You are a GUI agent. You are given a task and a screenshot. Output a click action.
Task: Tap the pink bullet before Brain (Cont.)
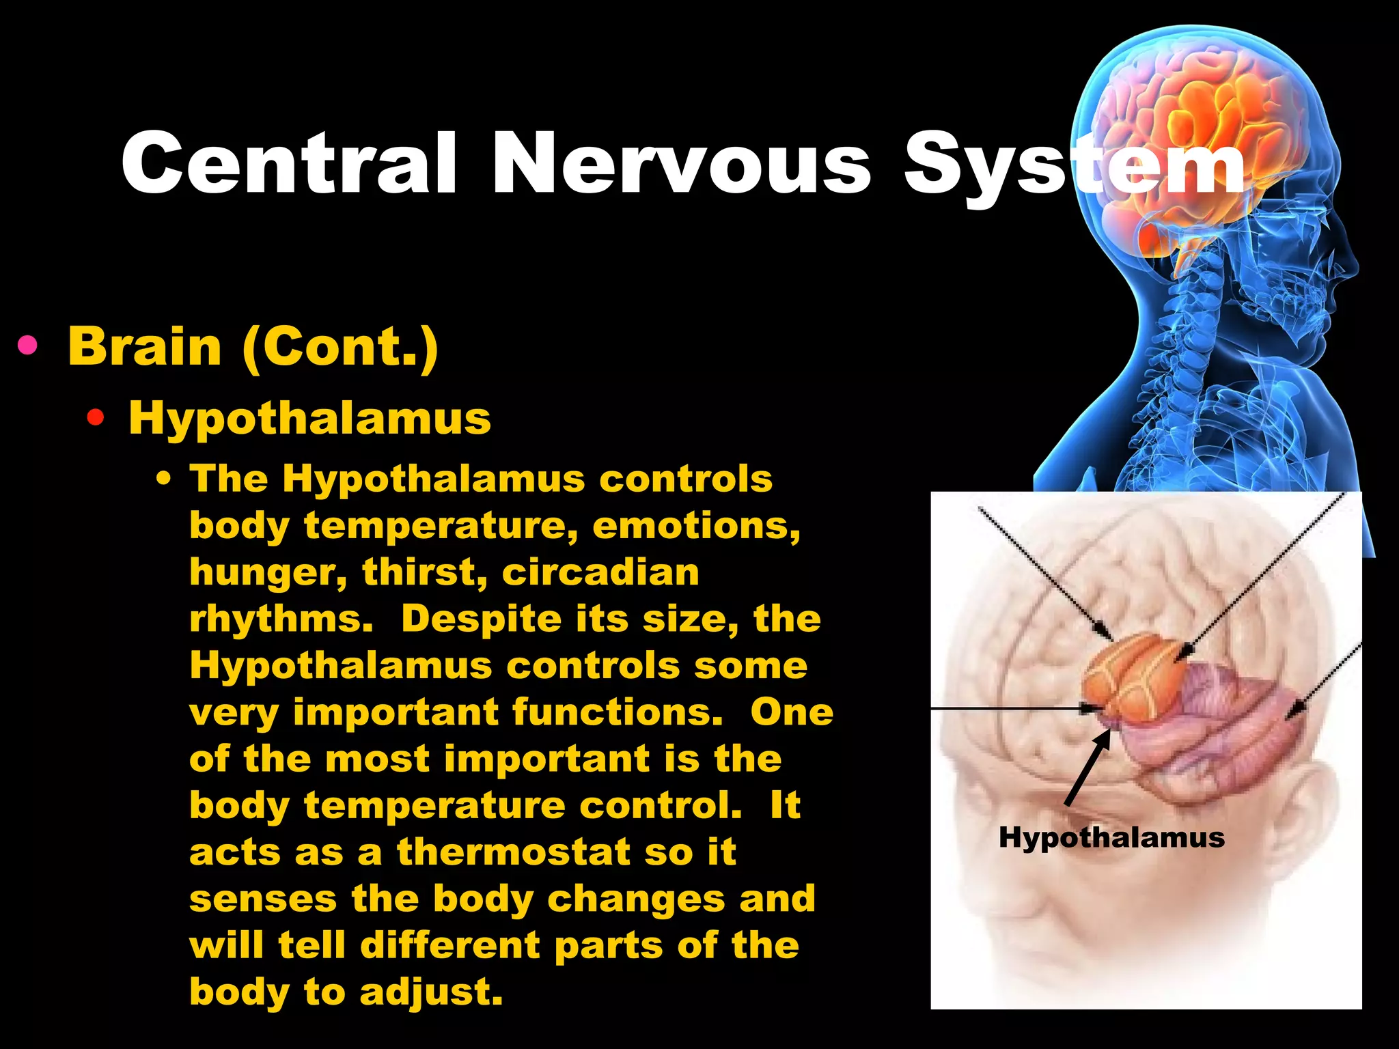pos(27,346)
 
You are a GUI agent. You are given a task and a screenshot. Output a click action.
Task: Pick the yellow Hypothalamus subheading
pos(309,418)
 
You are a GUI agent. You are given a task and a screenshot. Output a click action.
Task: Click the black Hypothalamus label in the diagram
pos(1111,837)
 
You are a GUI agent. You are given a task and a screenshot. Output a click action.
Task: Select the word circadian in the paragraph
pos(600,572)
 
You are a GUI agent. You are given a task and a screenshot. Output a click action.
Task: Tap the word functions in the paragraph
pos(618,712)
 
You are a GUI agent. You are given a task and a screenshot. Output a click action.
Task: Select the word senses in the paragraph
pos(263,899)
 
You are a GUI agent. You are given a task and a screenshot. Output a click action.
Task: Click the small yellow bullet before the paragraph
pos(163,479)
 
